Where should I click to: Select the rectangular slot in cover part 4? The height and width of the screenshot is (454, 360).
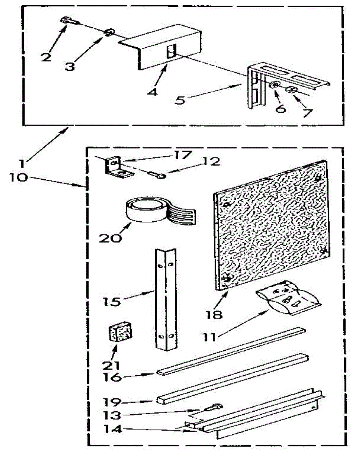[171, 51]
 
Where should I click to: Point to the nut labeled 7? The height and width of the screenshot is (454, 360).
[292, 90]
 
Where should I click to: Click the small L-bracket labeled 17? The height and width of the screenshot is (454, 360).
[117, 168]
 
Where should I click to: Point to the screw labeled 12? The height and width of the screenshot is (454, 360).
[156, 174]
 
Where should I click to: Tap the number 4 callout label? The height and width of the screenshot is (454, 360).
[153, 92]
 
